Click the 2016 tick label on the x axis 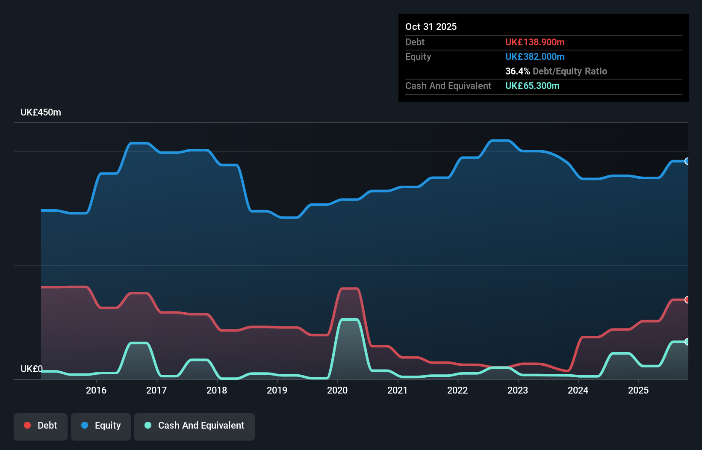(96, 390)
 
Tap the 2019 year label (277, 390)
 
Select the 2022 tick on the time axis (457, 390)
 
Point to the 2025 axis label (638, 390)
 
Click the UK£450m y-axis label (41, 112)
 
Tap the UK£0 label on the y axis (31, 369)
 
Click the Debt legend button (41, 426)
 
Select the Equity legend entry (101, 426)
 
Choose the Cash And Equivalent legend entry (195, 426)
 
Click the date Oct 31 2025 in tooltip (431, 27)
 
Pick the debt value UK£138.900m (535, 42)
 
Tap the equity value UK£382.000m (535, 57)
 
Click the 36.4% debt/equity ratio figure (517, 71)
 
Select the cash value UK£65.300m (532, 86)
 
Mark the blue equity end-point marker (687, 161)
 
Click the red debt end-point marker (687, 300)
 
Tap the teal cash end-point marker (687, 342)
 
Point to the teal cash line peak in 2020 (349, 320)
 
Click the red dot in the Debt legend (27, 425)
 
